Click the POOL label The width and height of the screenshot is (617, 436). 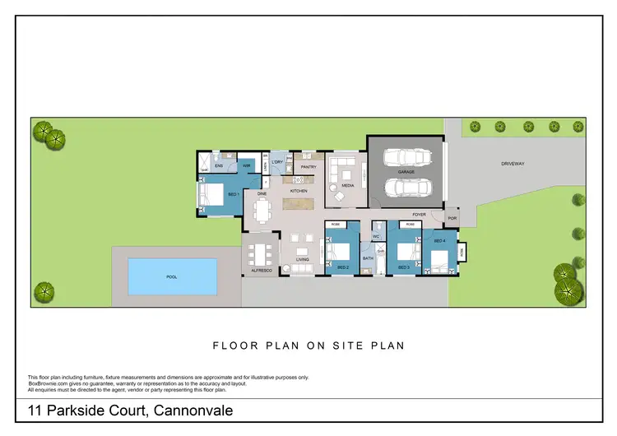pos(172,277)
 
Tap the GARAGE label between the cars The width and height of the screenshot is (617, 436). pos(406,174)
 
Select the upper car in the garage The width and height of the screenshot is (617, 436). pos(406,157)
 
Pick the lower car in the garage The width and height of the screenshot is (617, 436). pos(406,189)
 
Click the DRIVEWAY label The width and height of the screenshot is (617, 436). pos(513,164)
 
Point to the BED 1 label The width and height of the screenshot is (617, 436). pos(233,194)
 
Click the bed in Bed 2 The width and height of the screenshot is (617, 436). pos(339,250)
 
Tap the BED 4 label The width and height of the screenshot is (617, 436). pos(439,240)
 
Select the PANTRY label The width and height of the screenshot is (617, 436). pos(308,167)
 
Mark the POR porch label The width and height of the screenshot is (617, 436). pos(451,218)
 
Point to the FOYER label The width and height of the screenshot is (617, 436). pos(420,214)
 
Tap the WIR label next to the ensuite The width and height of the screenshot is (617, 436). pos(246,166)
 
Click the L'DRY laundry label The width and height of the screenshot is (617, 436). pos(278,162)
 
